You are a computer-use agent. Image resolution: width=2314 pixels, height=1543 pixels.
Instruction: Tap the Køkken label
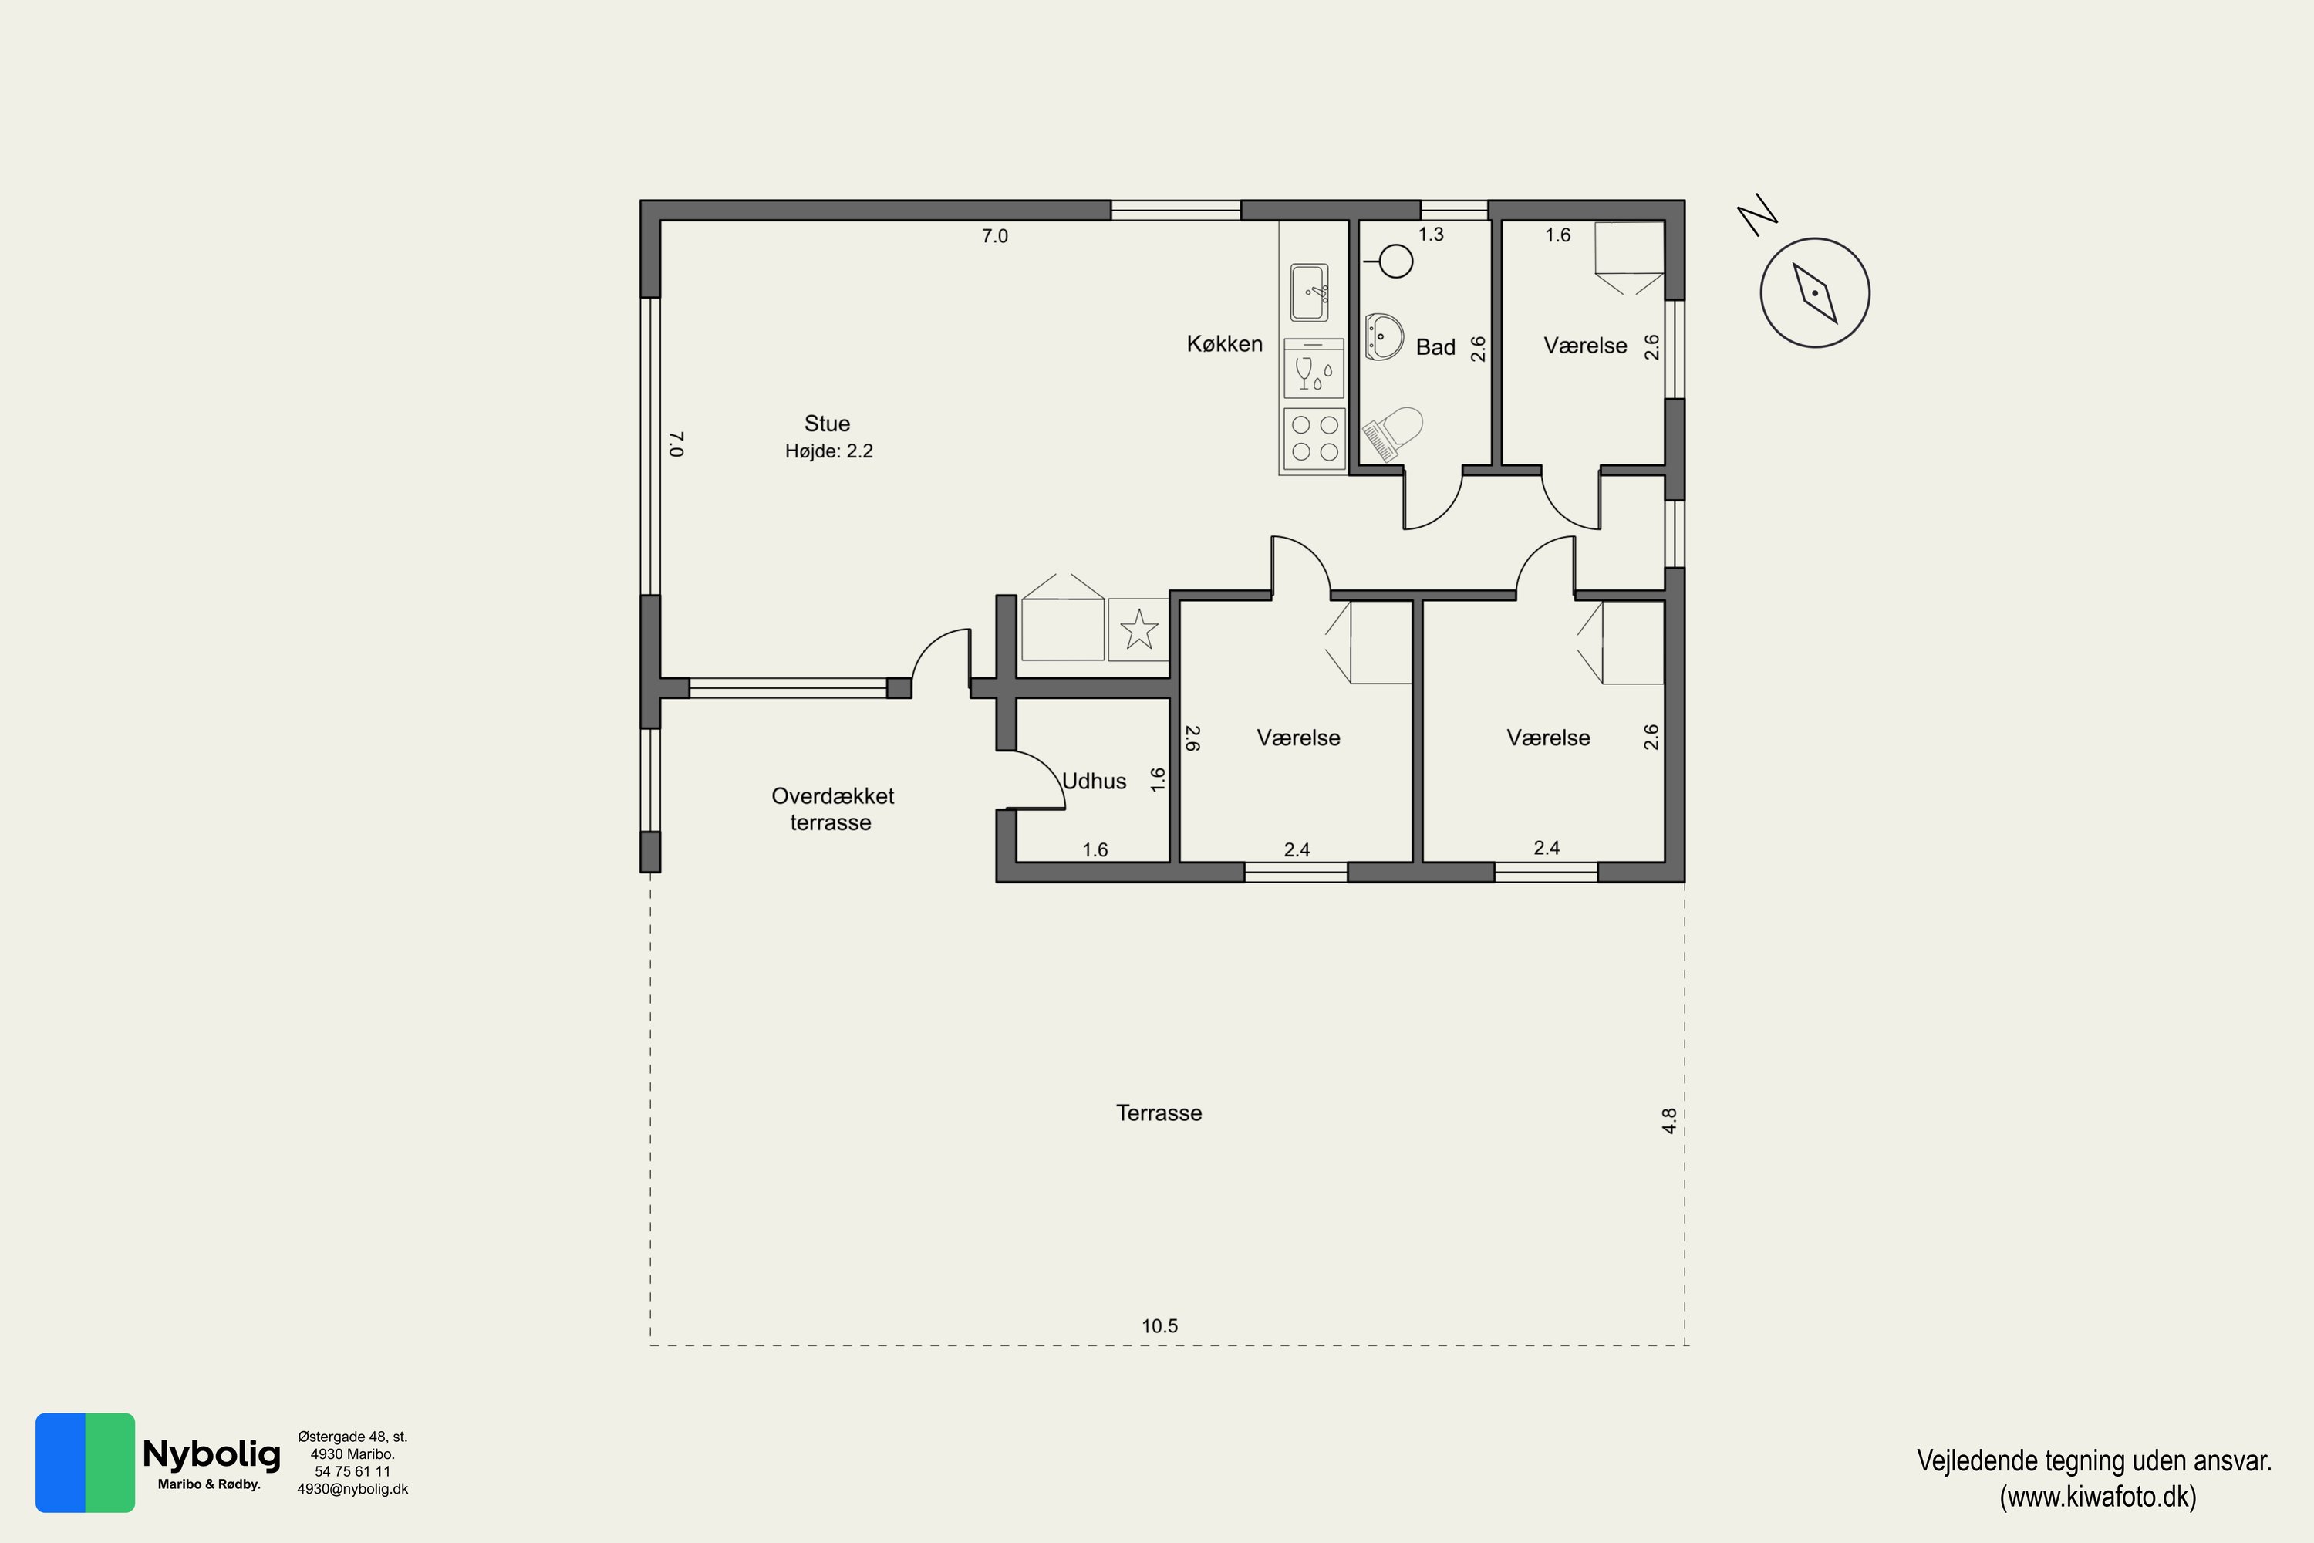pyautogui.click(x=1224, y=344)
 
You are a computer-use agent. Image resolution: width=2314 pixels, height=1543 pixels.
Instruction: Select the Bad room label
pyautogui.click(x=1435, y=347)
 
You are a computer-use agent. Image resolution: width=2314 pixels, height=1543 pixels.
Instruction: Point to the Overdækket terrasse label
pyautogui.click(x=832, y=809)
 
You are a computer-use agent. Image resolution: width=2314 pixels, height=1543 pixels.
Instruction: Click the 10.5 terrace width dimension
pyautogui.click(x=1159, y=1326)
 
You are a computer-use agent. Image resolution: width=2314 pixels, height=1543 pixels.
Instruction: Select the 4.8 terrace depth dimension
pyautogui.click(x=1670, y=1121)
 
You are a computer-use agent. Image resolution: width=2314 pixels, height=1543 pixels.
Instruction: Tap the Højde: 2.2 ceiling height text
pyautogui.click(x=828, y=451)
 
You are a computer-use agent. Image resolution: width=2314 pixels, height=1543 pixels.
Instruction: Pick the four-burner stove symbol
pyautogui.click(x=1314, y=439)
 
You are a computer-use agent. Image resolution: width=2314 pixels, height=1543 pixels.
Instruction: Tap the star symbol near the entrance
pyautogui.click(x=1139, y=629)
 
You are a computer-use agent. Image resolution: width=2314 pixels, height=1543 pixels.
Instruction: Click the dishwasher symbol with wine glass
pyautogui.click(x=1314, y=368)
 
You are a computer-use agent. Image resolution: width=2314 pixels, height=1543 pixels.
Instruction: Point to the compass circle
pyautogui.click(x=1814, y=292)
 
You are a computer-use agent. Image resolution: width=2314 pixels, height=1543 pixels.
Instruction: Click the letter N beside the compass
pyautogui.click(x=1756, y=215)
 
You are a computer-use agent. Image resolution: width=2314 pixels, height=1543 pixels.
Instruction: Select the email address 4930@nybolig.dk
pyautogui.click(x=352, y=1490)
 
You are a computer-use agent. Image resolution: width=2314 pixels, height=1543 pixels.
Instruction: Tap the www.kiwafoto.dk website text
pyautogui.click(x=2097, y=1497)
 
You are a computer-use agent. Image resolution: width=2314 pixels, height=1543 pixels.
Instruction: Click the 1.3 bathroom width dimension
pyautogui.click(x=1431, y=235)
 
